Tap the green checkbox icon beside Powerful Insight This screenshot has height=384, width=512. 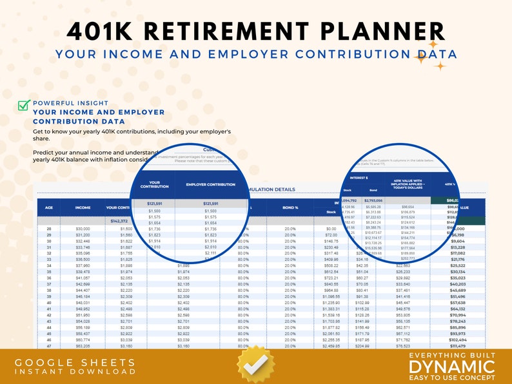point(23,106)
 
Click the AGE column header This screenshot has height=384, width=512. point(49,208)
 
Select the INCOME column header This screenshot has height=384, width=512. point(83,208)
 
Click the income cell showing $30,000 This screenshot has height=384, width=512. point(83,229)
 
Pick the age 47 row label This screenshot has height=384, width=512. point(49,345)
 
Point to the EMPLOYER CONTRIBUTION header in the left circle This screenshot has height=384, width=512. point(210,184)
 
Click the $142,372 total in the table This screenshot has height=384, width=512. point(117,220)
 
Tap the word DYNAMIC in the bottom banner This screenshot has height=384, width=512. point(451,366)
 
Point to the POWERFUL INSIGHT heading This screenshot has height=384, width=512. point(71,103)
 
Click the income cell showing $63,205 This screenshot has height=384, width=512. point(83,345)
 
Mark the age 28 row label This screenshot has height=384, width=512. point(49,229)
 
